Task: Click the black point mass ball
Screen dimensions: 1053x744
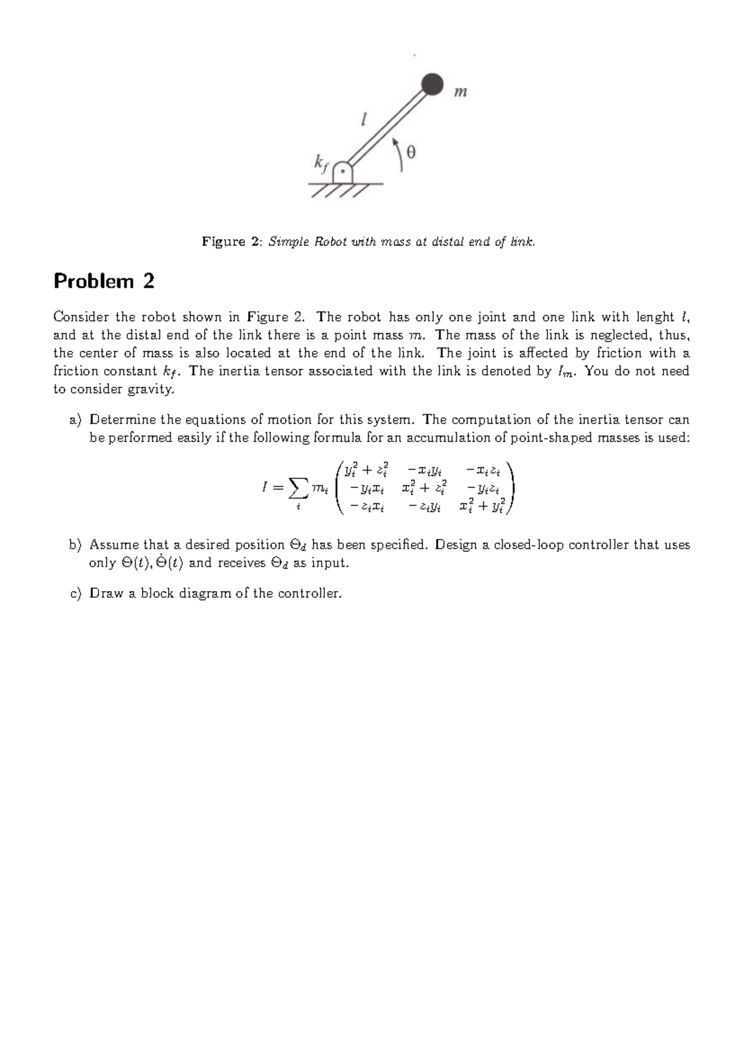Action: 433,84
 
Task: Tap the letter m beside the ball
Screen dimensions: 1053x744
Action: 460,92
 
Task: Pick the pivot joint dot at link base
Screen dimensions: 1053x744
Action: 342,173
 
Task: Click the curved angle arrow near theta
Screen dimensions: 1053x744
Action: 399,153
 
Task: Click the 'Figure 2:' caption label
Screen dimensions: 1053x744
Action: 232,242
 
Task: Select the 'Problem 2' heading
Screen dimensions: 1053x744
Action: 104,282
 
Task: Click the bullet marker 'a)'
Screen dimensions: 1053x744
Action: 76,420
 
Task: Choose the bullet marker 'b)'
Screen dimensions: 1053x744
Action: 76,545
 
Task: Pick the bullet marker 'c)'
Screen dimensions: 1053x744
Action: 76,593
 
